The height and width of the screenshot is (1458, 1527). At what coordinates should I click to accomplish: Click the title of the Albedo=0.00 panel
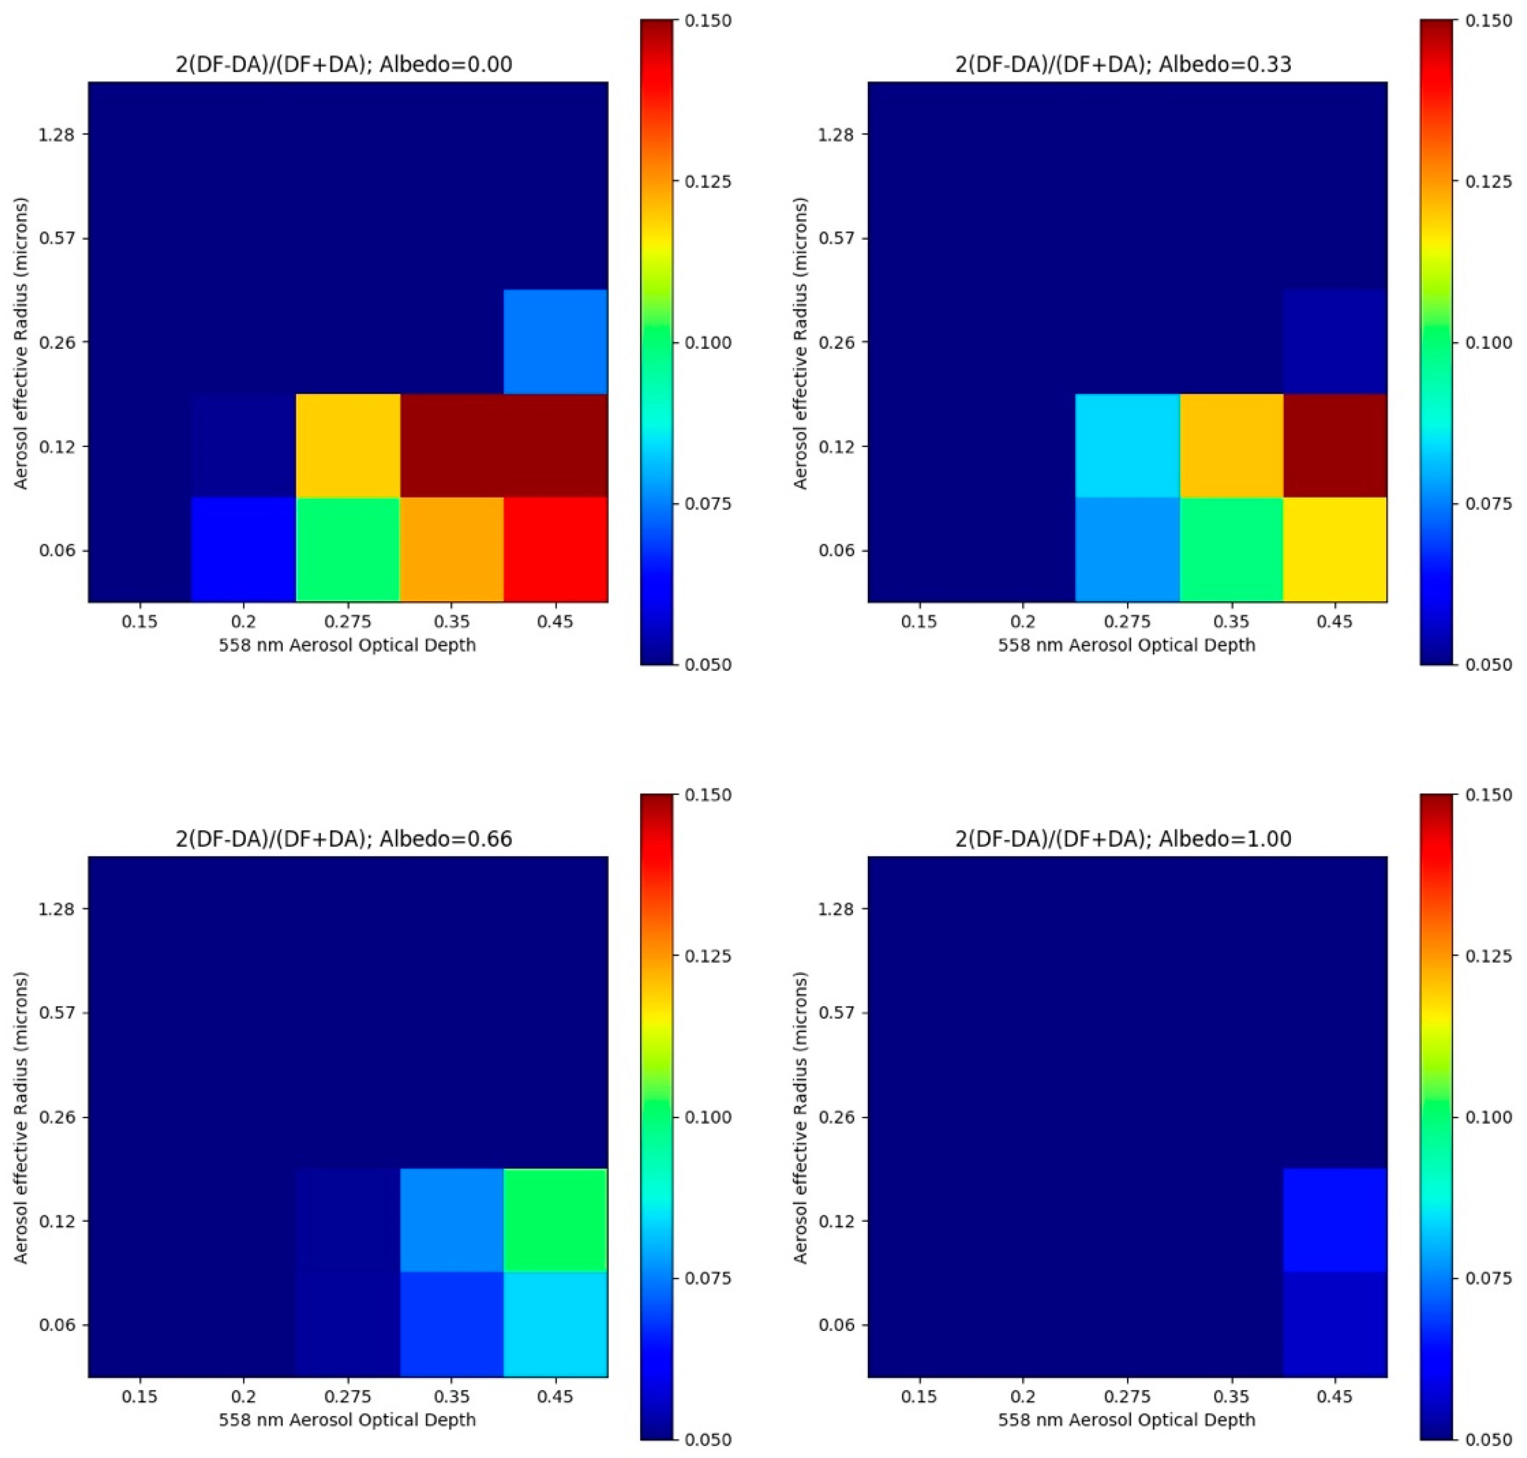point(343,64)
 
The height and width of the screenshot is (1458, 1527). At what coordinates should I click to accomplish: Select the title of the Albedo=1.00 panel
point(1123,838)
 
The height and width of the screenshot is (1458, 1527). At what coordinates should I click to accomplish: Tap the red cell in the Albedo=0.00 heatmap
point(555,549)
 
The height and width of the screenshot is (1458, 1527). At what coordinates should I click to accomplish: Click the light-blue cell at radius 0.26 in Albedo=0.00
point(555,341)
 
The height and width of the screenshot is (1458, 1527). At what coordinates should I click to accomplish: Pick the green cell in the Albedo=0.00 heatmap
point(347,549)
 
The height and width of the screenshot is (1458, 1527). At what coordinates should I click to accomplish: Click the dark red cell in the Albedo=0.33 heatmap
point(1334,445)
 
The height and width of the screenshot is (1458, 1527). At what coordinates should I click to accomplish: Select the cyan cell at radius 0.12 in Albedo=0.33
point(1127,445)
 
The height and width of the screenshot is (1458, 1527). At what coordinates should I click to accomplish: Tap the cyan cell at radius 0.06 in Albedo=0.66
point(555,1323)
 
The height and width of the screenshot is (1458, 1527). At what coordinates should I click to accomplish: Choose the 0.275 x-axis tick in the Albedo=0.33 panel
point(1127,622)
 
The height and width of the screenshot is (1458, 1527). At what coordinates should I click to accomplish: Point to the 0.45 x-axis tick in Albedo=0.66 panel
point(555,1396)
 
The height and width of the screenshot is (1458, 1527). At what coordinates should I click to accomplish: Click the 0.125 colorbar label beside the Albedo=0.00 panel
point(707,182)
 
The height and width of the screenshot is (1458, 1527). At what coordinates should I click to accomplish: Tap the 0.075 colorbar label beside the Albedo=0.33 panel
point(1487,504)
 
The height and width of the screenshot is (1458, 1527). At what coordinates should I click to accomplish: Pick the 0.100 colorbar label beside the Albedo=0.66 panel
point(707,1117)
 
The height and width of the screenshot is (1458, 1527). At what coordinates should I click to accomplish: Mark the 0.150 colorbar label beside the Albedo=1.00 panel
point(1487,795)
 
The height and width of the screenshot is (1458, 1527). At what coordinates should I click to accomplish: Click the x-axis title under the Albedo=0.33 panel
point(1127,644)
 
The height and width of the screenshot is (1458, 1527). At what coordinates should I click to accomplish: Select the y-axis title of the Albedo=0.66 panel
point(21,1117)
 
